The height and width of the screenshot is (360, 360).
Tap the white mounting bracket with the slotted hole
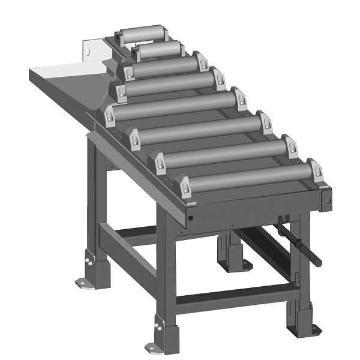pos(91,50)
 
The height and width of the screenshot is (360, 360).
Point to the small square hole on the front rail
pos(190,220)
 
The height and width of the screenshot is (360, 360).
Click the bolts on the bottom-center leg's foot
pos(159,327)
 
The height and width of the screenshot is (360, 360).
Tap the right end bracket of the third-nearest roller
pos(265,122)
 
